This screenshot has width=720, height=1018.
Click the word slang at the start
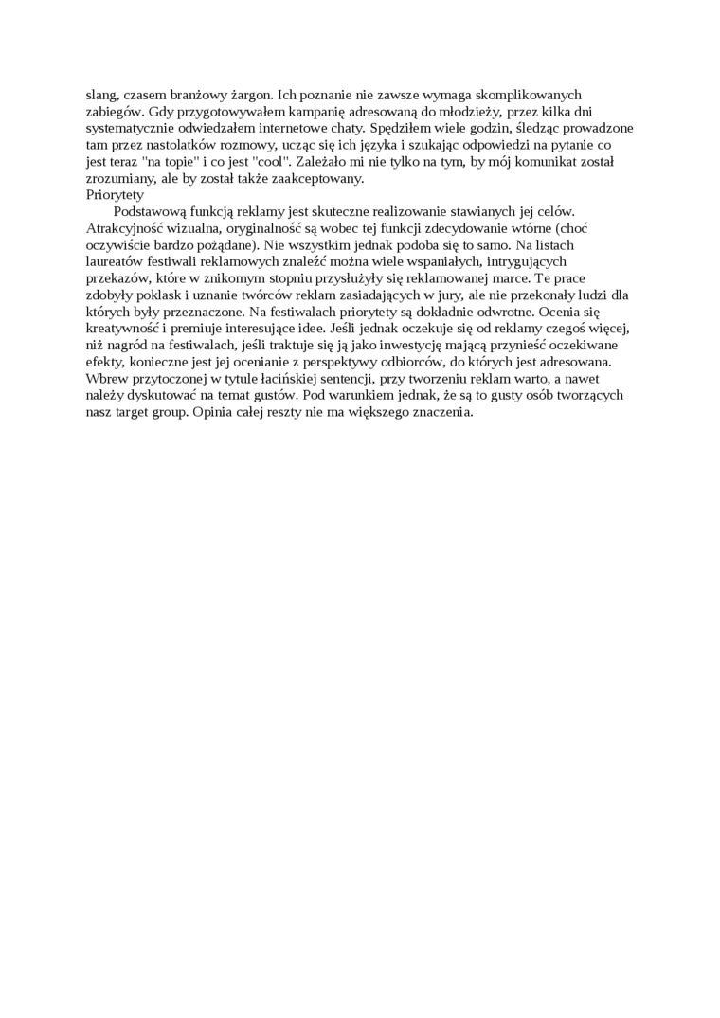pyautogui.click(x=101, y=95)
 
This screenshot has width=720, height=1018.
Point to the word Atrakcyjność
pyautogui.click(x=123, y=229)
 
